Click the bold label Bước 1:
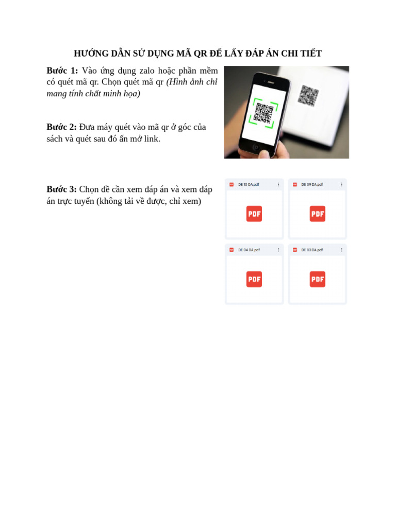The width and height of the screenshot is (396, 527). click(x=62, y=71)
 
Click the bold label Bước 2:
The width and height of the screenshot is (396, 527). click(x=61, y=127)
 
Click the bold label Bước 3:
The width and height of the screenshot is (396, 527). click(x=61, y=189)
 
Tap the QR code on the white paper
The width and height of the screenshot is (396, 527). click(x=308, y=96)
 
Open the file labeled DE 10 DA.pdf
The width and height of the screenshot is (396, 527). click(x=249, y=184)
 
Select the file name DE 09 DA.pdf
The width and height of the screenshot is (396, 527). click(x=312, y=184)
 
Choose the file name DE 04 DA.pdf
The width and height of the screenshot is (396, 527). click(x=249, y=250)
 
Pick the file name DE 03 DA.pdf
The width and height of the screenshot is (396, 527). click(x=312, y=250)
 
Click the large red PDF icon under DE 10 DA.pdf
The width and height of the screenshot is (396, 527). click(x=254, y=214)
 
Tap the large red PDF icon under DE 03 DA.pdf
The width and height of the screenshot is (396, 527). click(x=317, y=279)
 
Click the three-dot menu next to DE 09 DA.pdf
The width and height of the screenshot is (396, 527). click(x=341, y=184)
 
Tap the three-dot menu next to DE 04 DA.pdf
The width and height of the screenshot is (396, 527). click(x=278, y=250)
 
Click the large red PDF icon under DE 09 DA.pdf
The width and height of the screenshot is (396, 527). click(x=317, y=214)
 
